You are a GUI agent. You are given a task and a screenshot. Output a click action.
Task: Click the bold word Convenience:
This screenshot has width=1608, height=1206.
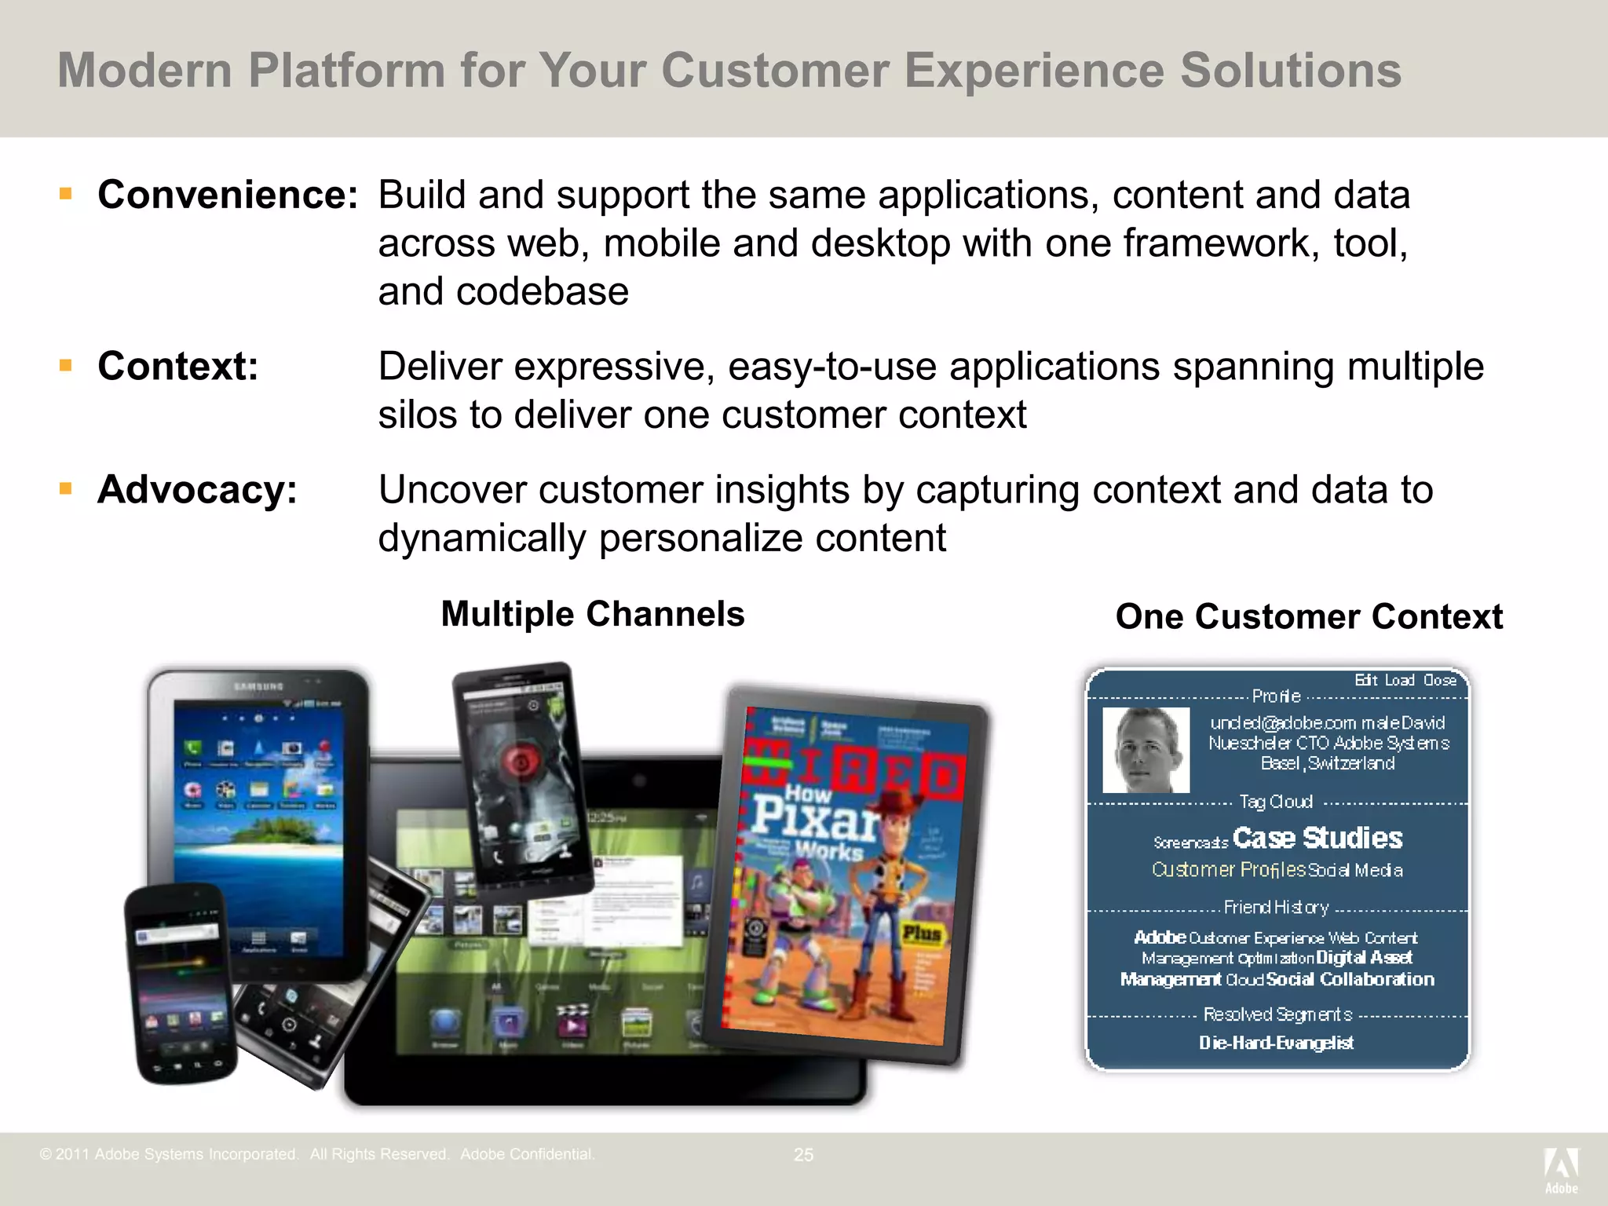tap(228, 195)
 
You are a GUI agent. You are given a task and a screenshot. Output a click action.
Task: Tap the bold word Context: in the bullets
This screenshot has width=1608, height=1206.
tap(178, 366)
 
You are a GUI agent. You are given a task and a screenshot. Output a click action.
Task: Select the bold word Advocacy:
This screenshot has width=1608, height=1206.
tap(197, 490)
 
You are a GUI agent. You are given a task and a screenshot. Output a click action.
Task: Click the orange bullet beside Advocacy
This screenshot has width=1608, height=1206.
tap(66, 488)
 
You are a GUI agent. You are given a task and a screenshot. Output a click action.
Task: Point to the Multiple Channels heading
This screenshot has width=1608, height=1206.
tap(593, 614)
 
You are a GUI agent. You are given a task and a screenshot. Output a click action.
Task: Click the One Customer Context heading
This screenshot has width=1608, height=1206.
tap(1309, 617)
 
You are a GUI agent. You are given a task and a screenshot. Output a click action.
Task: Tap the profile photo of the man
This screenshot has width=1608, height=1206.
tap(1146, 750)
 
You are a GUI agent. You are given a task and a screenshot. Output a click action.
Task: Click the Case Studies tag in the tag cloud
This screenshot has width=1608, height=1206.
tap(1317, 838)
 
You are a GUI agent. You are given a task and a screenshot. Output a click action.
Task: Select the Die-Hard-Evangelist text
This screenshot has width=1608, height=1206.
tap(1276, 1043)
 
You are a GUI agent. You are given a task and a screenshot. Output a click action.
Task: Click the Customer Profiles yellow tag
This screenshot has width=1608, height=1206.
tap(1228, 870)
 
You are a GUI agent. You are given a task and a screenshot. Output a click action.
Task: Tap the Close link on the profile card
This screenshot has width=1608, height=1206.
tap(1440, 680)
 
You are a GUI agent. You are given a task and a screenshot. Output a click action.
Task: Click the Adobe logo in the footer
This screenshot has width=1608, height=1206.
tap(1561, 1169)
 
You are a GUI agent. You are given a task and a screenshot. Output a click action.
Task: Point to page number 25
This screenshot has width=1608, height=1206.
tap(803, 1155)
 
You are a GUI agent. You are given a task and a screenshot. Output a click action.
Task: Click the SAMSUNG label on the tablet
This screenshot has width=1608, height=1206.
tap(258, 687)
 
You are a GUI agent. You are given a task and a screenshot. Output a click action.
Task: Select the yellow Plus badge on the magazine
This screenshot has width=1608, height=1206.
tap(921, 934)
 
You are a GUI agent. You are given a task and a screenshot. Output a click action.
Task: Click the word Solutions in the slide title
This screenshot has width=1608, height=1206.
tap(1291, 71)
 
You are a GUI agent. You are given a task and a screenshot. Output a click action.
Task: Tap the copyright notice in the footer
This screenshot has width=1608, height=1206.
tap(317, 1154)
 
